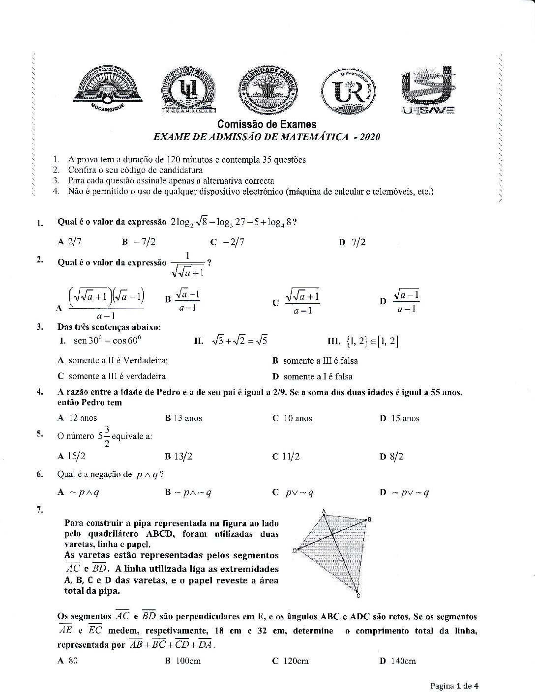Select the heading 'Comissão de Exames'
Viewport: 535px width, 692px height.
267,125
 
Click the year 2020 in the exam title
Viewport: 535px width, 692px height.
370,137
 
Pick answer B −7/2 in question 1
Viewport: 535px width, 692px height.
139,242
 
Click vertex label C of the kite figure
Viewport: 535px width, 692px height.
358,596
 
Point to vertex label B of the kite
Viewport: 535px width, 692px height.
369,519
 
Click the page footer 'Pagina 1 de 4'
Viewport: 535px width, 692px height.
454,685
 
